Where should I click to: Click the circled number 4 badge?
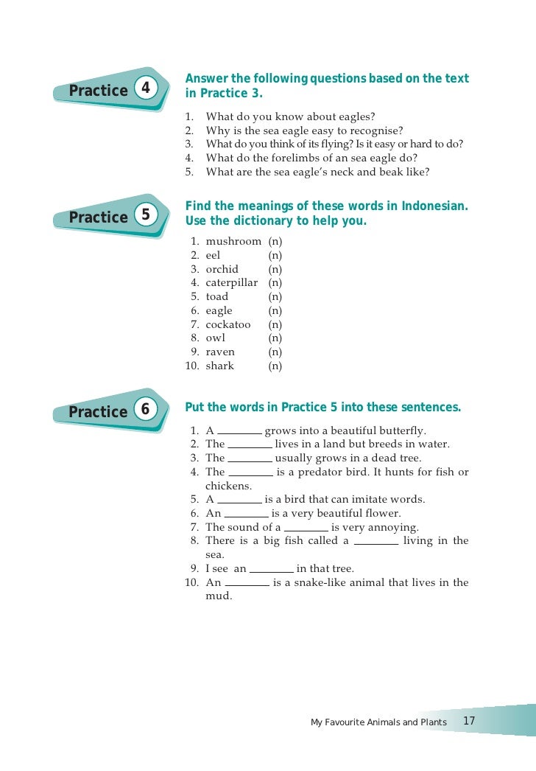[146, 88]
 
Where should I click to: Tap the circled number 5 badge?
[146, 215]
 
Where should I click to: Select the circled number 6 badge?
[146, 410]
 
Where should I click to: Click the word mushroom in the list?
[233, 242]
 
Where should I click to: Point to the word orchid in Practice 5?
[222, 269]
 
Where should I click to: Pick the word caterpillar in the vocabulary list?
[232, 283]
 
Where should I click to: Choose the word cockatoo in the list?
[228, 324]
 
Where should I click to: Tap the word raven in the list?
[220, 352]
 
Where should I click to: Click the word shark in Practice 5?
[220, 366]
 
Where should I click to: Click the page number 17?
[469, 720]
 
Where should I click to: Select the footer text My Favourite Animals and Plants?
[378, 722]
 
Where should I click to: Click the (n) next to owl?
[275, 338]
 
